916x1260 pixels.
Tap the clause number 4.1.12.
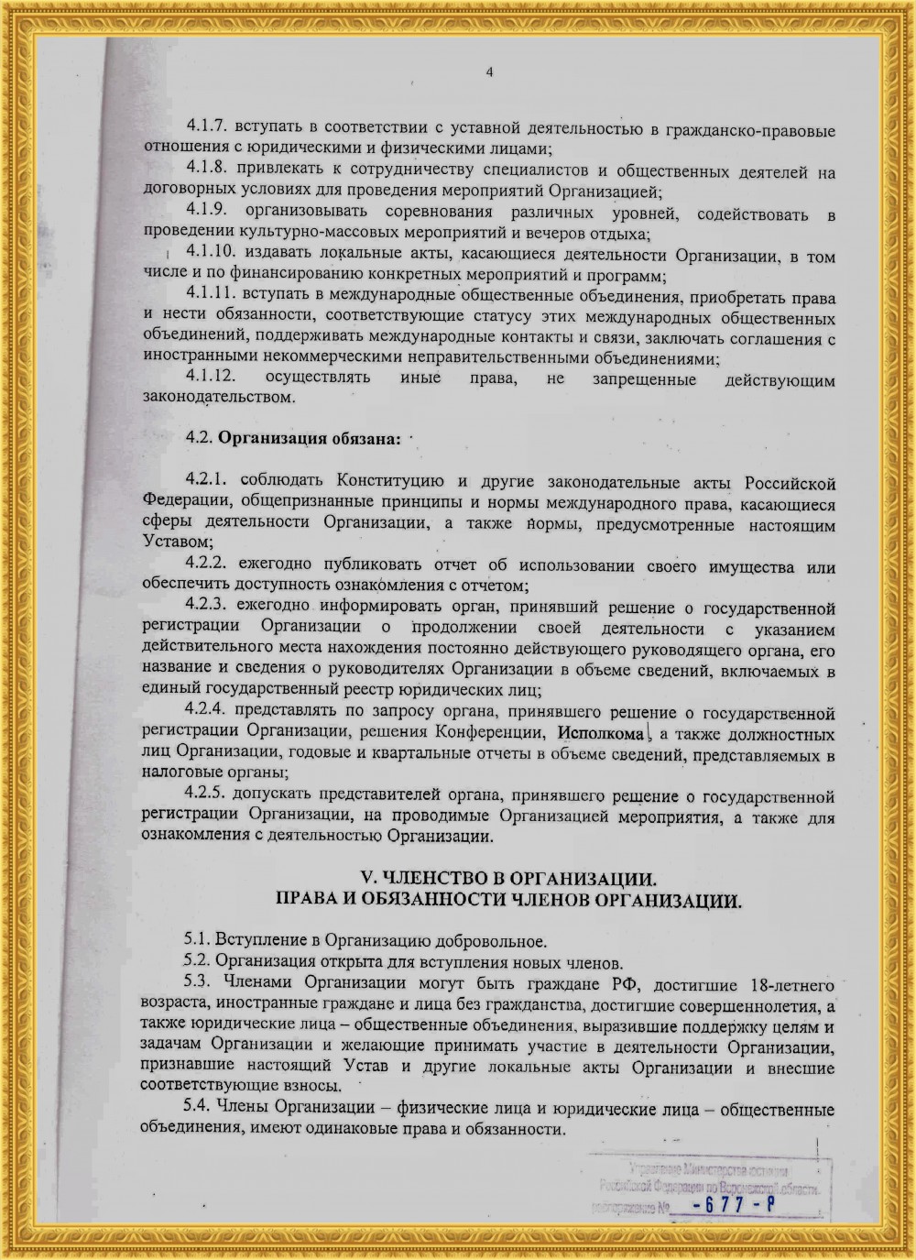pos(212,378)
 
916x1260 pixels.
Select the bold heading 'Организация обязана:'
pos(309,437)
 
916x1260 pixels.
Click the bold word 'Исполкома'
pos(601,734)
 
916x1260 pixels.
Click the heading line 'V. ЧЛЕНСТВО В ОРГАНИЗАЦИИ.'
pos(509,877)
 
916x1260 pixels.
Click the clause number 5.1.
pos(196,941)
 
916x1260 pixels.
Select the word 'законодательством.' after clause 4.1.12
pos(219,397)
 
